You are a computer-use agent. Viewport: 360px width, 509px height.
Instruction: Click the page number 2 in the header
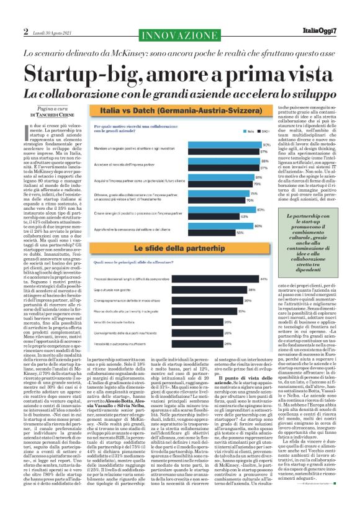[25, 31]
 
